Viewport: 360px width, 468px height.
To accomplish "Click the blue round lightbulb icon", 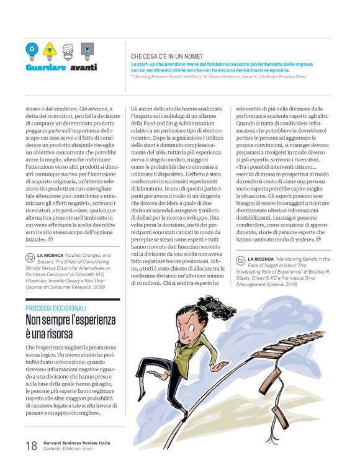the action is tap(32, 49).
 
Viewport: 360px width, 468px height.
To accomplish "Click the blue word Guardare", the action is tap(46, 67).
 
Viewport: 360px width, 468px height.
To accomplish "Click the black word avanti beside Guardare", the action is tap(83, 67).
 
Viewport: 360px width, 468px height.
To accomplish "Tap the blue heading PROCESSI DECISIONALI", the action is tap(56, 308).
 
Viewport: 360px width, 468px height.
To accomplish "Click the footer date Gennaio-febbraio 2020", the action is tap(69, 449).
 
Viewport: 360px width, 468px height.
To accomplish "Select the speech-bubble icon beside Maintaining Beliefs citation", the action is tap(240, 243).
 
